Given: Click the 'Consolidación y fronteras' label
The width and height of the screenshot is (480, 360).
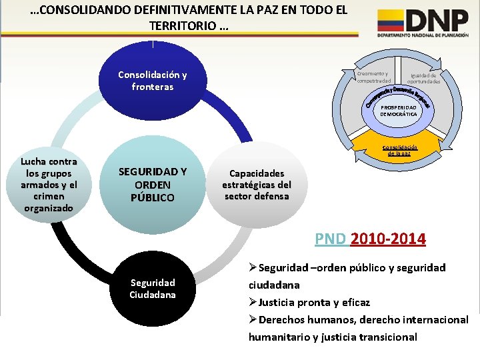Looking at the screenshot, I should (x=152, y=81).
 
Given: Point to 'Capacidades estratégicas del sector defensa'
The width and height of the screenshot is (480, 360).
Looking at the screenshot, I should (x=256, y=185).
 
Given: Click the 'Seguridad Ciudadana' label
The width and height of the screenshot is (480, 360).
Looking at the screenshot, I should (x=152, y=288).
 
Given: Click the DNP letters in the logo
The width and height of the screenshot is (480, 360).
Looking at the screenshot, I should (x=437, y=20).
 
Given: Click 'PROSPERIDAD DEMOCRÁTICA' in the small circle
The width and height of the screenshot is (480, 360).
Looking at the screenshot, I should (x=399, y=110).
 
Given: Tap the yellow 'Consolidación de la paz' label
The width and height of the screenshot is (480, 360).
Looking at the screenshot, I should (x=399, y=149).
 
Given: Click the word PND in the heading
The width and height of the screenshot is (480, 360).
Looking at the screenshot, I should (x=330, y=238).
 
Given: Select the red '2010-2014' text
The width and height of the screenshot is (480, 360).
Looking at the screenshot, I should (x=388, y=238).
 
